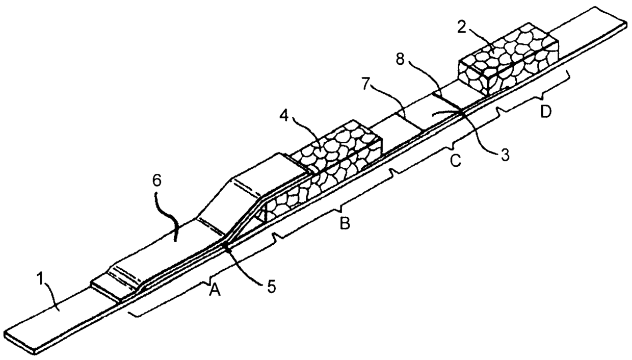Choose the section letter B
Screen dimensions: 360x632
[345, 224]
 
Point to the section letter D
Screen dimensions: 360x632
[546, 112]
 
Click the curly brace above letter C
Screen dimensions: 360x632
[443, 143]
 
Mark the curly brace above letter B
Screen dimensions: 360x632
[334, 204]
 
